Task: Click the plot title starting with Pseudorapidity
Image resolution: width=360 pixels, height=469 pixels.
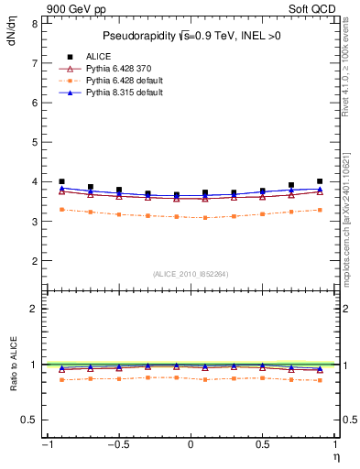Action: point(190,36)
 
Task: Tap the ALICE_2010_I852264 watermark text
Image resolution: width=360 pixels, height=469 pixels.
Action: point(191,274)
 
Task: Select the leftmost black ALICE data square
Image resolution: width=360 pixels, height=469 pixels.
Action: point(61,181)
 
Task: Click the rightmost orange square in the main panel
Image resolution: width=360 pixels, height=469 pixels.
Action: point(320,210)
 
